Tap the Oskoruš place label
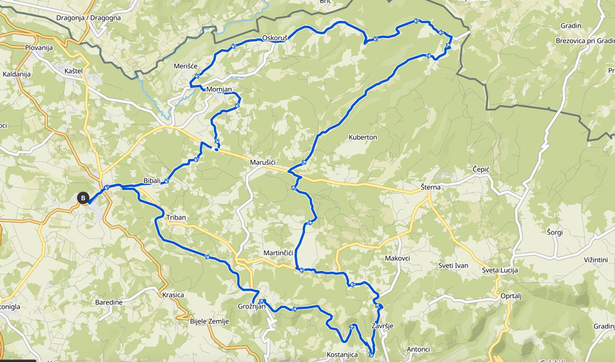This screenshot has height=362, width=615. point(275,37)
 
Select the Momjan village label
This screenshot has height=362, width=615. point(220,90)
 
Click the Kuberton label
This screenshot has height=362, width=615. point(363,137)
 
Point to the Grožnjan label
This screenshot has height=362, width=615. point(251,307)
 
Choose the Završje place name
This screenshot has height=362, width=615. point(382,326)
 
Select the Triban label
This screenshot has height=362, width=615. point(176,218)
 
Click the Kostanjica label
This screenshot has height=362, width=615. point(343,356)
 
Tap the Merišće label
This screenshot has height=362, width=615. point(185,66)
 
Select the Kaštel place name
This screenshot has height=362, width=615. point(73,71)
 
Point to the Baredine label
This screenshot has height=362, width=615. point(109,302)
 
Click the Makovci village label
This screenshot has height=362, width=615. point(397,258)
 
